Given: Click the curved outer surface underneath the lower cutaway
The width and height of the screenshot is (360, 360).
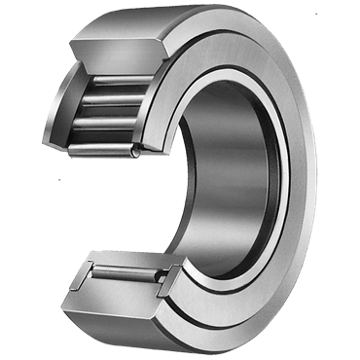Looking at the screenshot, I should coord(146,326).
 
